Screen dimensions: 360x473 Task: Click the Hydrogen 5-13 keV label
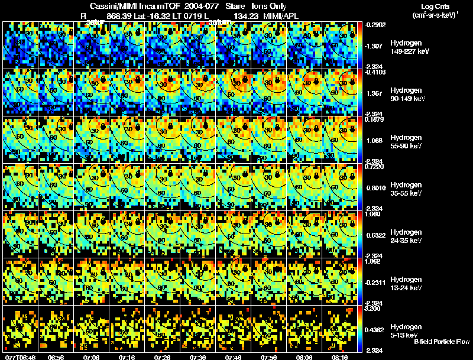click(405, 330)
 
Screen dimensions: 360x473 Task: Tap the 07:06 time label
click(92, 357)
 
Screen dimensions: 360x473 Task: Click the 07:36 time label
click(198, 357)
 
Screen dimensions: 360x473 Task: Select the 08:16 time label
click(340, 357)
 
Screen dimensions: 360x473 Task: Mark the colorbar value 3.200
click(376, 309)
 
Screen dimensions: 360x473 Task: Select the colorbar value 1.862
click(376, 261)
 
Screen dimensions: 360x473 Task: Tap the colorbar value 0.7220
click(376, 167)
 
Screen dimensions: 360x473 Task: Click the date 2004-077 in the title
click(203, 5)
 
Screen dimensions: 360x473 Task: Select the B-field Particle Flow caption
click(441, 341)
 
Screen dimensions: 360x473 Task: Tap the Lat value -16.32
click(164, 15)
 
